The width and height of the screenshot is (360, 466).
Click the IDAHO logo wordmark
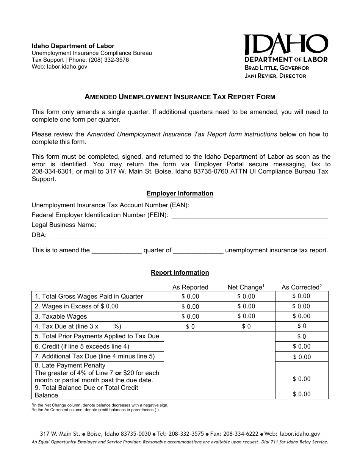click(285, 45)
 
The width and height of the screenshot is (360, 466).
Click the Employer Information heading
click(180, 194)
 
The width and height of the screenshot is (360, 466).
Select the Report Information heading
click(180, 273)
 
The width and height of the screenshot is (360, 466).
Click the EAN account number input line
click(260, 206)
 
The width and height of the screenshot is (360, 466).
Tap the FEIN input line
click(250, 215)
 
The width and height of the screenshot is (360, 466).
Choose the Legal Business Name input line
click(216, 225)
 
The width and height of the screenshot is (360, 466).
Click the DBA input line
click(189, 235)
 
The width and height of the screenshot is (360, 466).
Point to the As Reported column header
click(190, 287)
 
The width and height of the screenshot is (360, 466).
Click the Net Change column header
click(246, 287)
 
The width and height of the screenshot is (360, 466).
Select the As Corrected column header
click(301, 287)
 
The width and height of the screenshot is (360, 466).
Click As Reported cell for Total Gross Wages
click(190, 297)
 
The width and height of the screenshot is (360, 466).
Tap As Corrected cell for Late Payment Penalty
click(301, 373)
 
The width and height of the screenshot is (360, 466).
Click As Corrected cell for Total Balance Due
click(301, 392)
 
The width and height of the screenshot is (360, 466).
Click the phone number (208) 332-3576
click(108, 60)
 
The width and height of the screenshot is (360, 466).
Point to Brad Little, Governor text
click(277, 68)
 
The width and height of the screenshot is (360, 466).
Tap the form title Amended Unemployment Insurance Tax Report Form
click(180, 97)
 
